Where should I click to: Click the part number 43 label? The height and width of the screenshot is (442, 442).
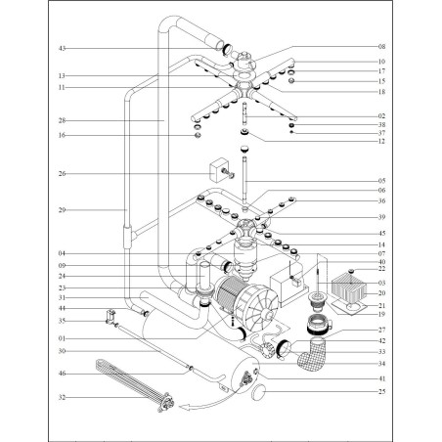pos(62,48)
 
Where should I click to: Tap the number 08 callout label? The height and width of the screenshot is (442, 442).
pos(381,46)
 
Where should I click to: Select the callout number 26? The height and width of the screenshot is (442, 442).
pos(62,175)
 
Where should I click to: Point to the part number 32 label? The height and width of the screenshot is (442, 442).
pos(62,398)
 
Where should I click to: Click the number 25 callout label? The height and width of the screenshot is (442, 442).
pos(381,391)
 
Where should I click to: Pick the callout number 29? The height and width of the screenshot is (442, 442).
pos(62,210)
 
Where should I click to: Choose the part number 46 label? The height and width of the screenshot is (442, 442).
pos(62,374)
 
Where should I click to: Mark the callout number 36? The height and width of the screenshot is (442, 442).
pos(381,200)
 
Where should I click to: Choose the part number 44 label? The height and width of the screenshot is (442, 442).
pos(62,308)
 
